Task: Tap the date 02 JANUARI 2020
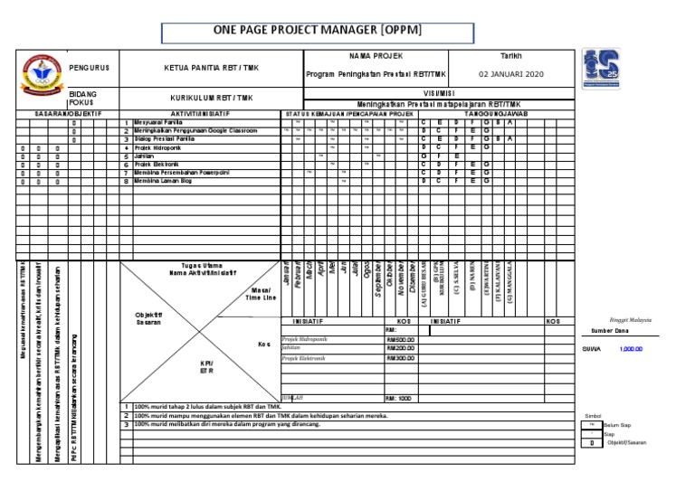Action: [x=511, y=74]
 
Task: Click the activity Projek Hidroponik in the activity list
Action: [x=157, y=147]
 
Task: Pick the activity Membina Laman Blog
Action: [x=163, y=181]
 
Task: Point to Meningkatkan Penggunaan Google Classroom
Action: [x=195, y=131]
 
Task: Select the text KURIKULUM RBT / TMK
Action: [x=212, y=98]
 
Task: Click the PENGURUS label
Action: [x=89, y=68]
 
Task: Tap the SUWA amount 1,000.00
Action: [x=632, y=349]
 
